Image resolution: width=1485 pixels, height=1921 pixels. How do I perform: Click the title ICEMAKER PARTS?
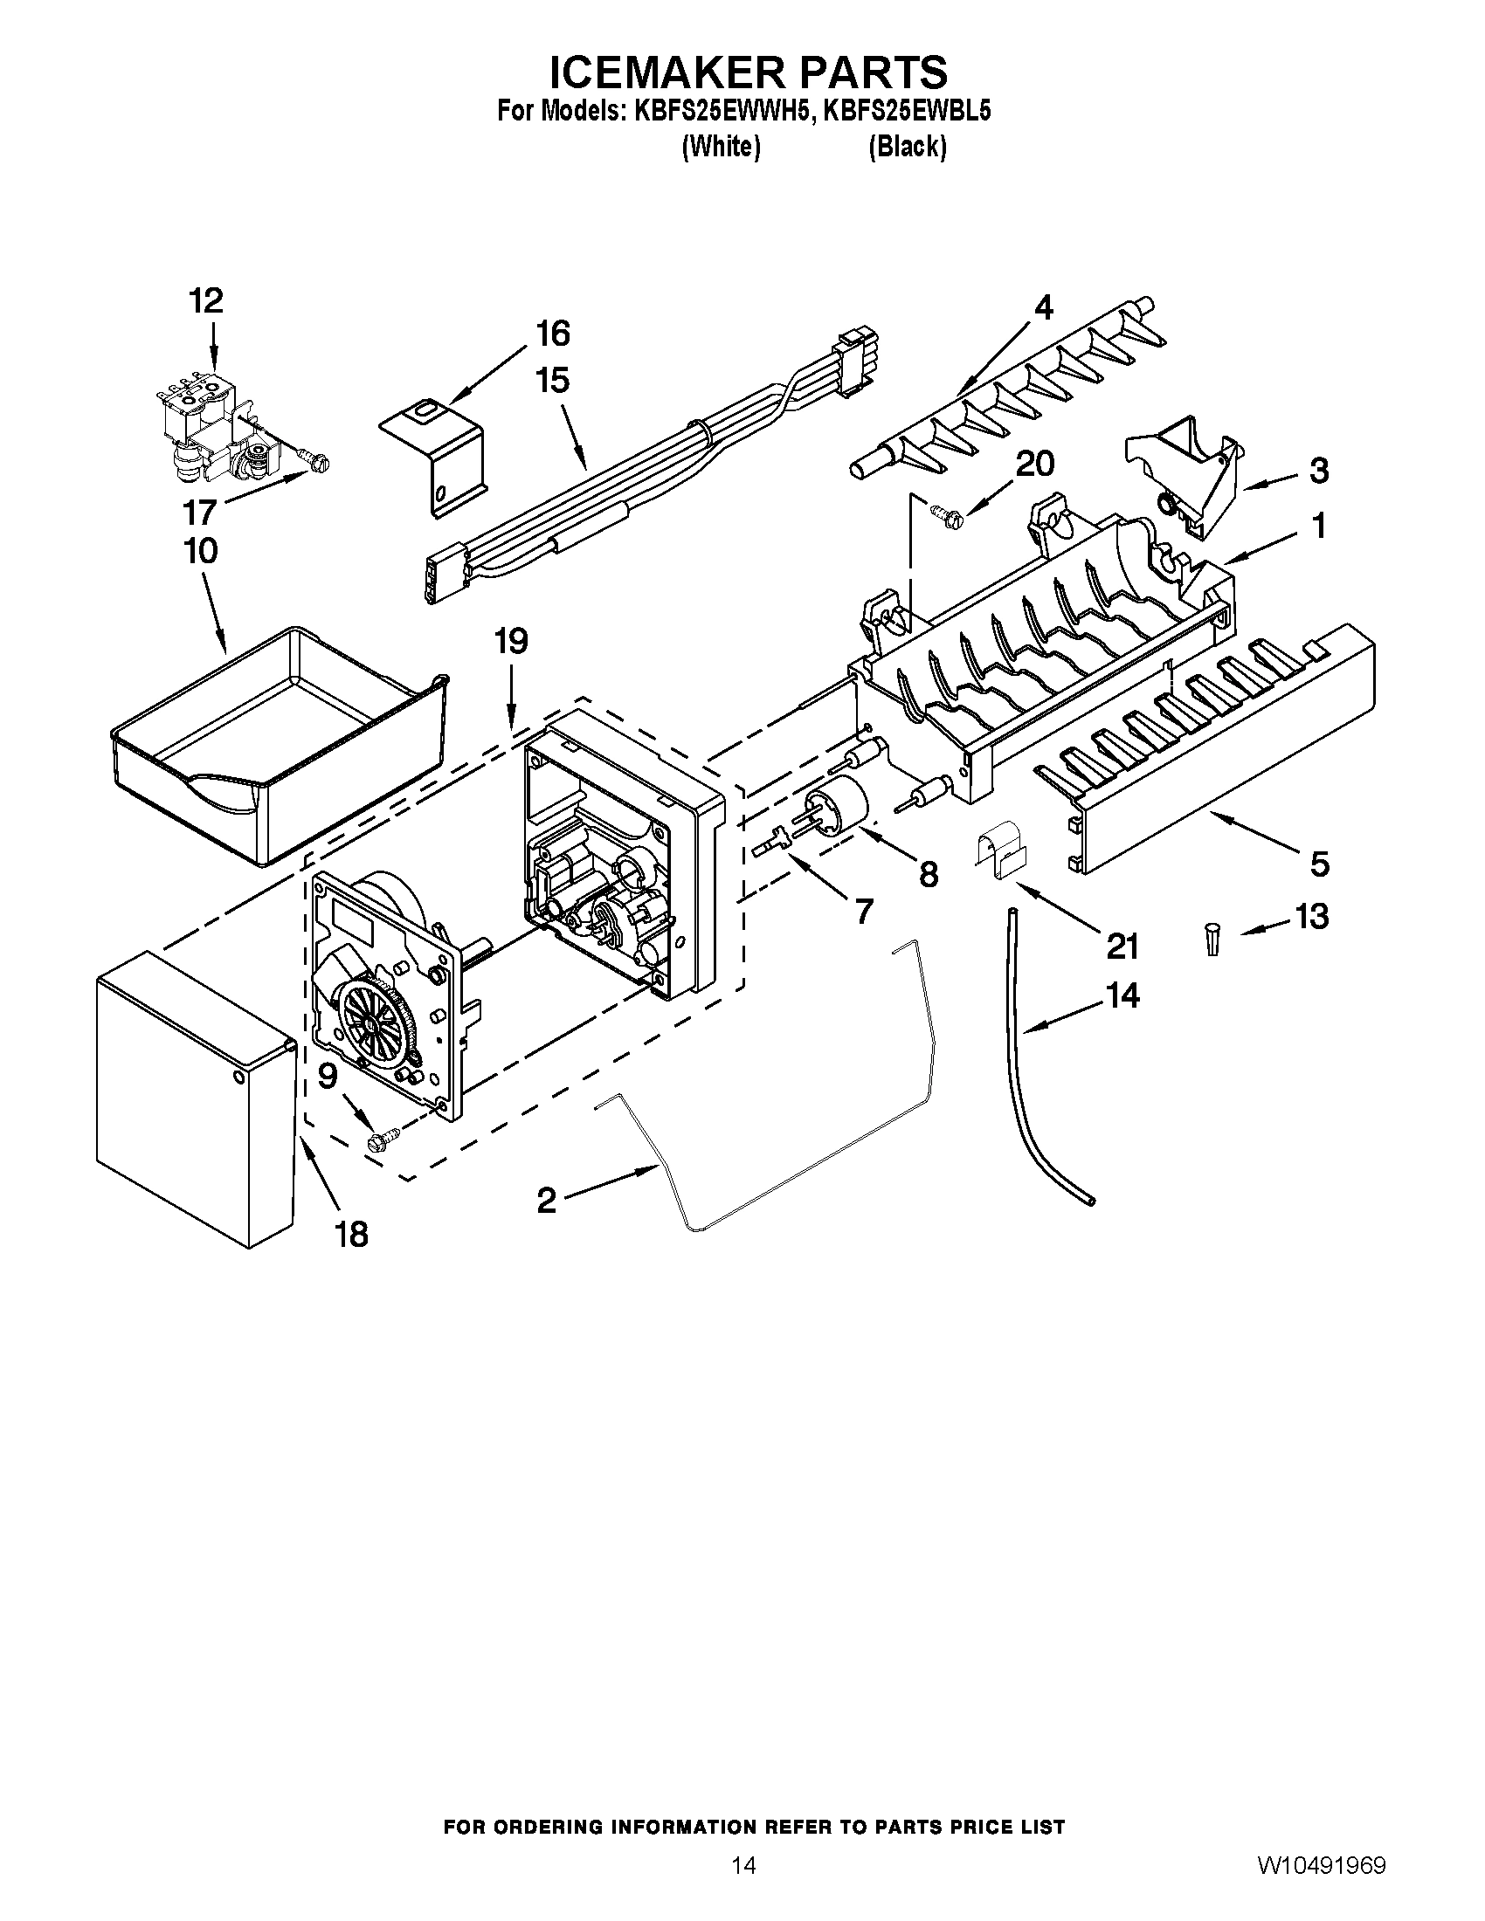pyautogui.click(x=748, y=72)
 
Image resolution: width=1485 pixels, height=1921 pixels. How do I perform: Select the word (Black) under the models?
pyautogui.click(x=907, y=147)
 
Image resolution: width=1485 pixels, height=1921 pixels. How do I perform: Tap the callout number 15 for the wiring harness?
pyautogui.click(x=551, y=381)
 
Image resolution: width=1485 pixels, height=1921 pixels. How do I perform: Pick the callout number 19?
pyautogui.click(x=510, y=641)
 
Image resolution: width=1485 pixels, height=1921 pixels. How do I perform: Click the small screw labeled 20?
pyautogui.click(x=946, y=513)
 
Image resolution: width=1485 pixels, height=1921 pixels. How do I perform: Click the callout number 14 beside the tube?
pyautogui.click(x=1122, y=995)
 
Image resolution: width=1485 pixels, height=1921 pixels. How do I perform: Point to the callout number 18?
pyautogui.click(x=351, y=1234)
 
